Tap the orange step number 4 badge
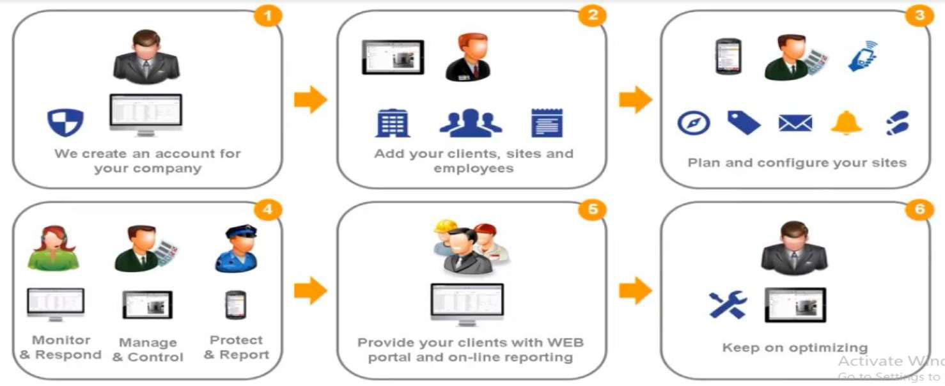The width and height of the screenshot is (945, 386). click(268, 210)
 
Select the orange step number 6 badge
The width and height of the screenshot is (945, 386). click(919, 210)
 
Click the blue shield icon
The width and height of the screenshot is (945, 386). click(66, 122)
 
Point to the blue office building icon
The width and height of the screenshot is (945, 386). click(392, 123)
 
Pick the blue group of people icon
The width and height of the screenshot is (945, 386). click(471, 122)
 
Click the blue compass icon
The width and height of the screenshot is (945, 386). click(694, 123)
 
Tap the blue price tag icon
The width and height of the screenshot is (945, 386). click(744, 122)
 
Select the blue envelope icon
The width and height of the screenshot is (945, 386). click(795, 123)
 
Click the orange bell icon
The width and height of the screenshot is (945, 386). click(846, 122)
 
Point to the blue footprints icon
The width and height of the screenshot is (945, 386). click(898, 123)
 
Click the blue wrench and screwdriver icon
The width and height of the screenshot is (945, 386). click(728, 305)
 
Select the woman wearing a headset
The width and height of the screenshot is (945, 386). click(53, 248)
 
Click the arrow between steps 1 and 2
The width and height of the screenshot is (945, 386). click(310, 100)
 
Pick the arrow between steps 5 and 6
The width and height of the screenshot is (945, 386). click(635, 291)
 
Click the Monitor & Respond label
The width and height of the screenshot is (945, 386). click(61, 348)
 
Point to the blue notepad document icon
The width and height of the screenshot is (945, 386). click(547, 123)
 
